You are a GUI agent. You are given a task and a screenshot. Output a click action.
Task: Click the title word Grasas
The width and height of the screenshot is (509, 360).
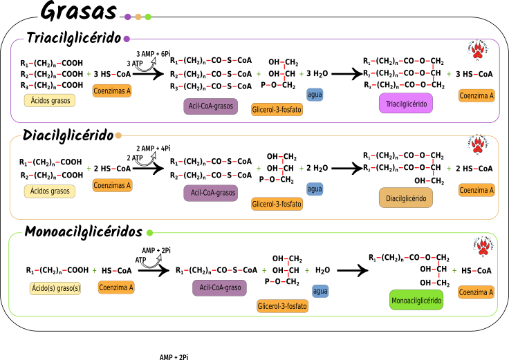pyautogui.click(x=78, y=12)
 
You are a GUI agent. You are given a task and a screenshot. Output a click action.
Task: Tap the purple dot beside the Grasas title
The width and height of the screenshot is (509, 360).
pyautogui.click(x=128, y=17)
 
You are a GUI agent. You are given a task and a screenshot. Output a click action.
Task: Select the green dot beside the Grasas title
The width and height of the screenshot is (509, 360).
pyautogui.click(x=148, y=17)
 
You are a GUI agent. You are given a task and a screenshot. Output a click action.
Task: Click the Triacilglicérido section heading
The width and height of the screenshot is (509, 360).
pyautogui.click(x=74, y=39)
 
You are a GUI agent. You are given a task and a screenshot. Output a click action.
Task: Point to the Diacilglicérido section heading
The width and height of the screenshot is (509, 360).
pyautogui.click(x=68, y=135)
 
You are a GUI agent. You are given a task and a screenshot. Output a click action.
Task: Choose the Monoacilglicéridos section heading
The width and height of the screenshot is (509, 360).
pyautogui.click(x=84, y=232)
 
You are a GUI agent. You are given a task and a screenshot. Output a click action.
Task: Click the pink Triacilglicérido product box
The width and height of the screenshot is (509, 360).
pyautogui.click(x=406, y=104)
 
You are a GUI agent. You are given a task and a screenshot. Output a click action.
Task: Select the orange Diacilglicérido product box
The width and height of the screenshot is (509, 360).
pyautogui.click(x=406, y=198)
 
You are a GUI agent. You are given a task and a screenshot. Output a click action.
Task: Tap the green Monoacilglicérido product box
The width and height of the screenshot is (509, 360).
pyautogui.click(x=416, y=300)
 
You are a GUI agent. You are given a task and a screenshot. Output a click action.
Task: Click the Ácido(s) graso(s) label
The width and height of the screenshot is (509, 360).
pyautogui.click(x=55, y=288)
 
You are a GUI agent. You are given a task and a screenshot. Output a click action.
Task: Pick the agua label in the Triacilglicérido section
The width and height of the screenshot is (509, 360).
pyautogui.click(x=315, y=95)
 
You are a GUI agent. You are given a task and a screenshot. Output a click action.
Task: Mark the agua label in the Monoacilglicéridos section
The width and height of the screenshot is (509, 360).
pyautogui.click(x=320, y=292)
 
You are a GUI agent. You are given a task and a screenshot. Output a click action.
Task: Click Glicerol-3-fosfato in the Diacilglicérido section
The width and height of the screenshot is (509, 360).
pyautogui.click(x=277, y=204)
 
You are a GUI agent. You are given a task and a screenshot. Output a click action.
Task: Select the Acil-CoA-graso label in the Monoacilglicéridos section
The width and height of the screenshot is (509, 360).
pyautogui.click(x=219, y=287)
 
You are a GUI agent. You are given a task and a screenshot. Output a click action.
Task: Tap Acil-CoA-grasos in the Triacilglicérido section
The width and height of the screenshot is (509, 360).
pyautogui.click(x=211, y=106)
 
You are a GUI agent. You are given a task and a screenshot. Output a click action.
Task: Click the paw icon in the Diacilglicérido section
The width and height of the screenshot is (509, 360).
pyautogui.click(x=477, y=144)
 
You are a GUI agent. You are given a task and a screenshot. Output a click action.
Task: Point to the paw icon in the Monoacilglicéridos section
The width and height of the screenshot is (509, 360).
pyautogui.click(x=482, y=245)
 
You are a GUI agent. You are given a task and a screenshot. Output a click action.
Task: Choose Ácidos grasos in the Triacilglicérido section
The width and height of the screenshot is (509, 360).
pyautogui.click(x=50, y=101)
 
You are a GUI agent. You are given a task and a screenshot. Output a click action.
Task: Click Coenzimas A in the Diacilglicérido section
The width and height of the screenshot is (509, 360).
pyautogui.click(x=112, y=185)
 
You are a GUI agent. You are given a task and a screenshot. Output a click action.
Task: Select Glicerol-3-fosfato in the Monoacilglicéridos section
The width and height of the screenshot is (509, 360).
pyautogui.click(x=282, y=306)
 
